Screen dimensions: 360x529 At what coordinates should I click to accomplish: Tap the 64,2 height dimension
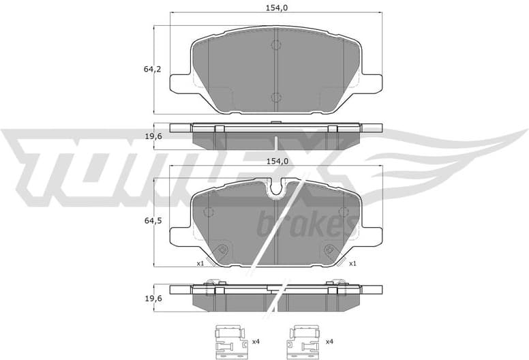click(x=151, y=69)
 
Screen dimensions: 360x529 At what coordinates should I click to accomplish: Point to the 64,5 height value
click(x=151, y=222)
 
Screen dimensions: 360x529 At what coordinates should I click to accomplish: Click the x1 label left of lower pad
click(x=200, y=263)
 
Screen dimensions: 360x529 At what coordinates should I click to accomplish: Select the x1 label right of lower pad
click(x=352, y=263)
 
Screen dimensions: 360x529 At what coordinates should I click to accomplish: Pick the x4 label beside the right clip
click(x=329, y=341)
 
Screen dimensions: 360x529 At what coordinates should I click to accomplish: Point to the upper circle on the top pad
click(x=275, y=46)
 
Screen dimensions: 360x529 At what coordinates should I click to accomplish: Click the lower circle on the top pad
click(x=275, y=97)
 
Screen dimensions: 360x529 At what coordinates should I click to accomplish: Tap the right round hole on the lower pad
click(x=330, y=250)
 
